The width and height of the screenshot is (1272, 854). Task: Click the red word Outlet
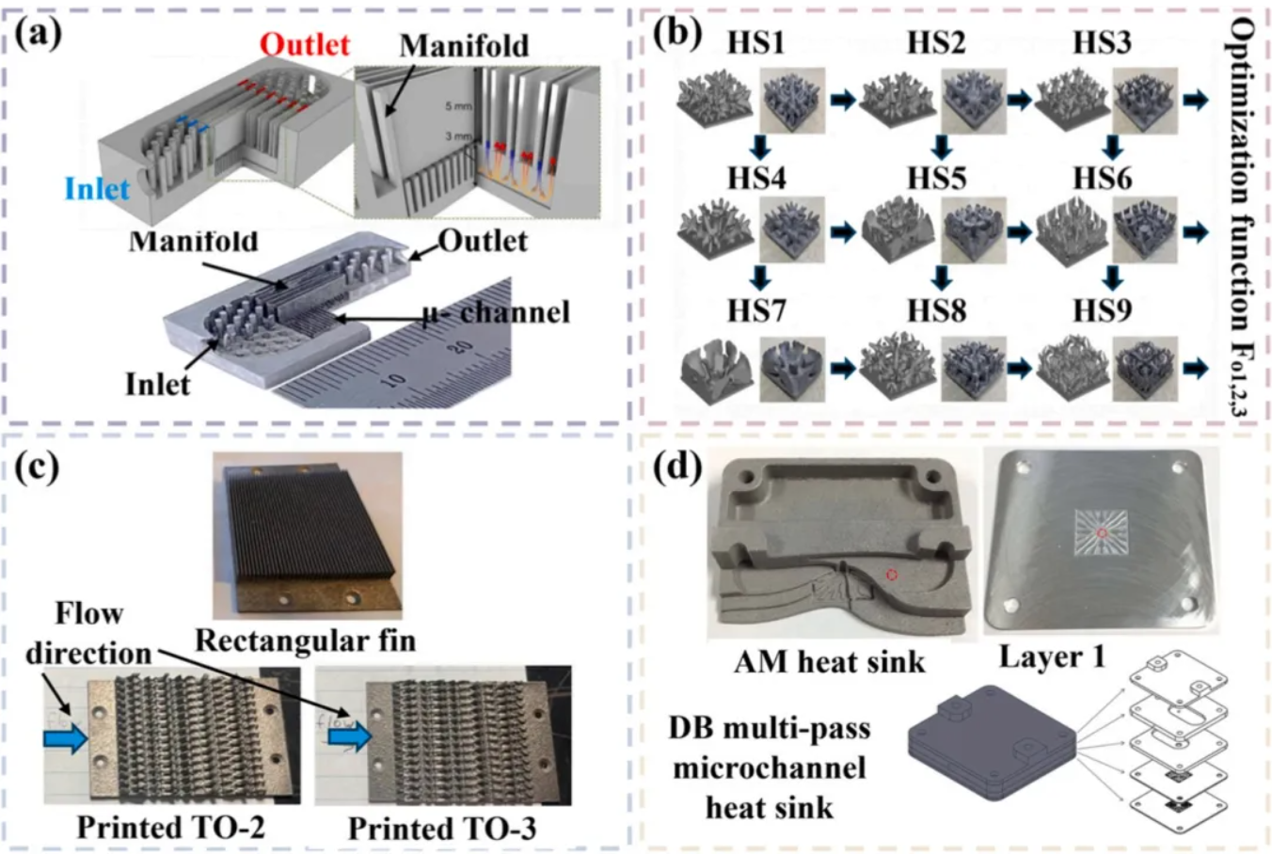pyautogui.click(x=304, y=44)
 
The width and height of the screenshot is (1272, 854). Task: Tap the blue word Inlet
pyautogui.click(x=97, y=189)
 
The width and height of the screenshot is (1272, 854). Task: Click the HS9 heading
pyautogui.click(x=1102, y=309)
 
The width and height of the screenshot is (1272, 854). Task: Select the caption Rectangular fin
pyautogui.click(x=305, y=640)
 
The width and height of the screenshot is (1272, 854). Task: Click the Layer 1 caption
pyautogui.click(x=1051, y=656)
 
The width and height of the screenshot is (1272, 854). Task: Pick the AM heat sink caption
pyautogui.click(x=829, y=662)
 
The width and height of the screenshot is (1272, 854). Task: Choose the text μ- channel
pyautogui.click(x=495, y=311)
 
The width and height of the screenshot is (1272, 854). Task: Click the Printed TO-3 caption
pyautogui.click(x=442, y=829)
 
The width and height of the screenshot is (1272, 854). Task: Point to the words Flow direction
pyautogui.click(x=88, y=633)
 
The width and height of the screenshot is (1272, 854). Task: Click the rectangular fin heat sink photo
pyautogui.click(x=307, y=533)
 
